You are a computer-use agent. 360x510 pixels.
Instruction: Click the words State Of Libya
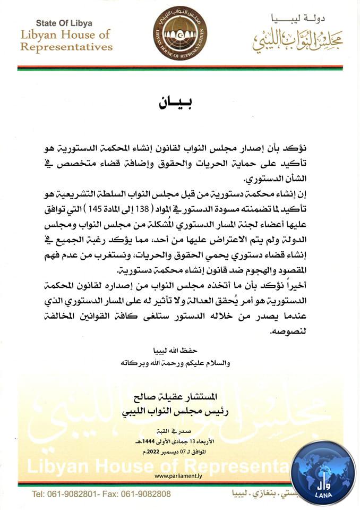[x=64, y=23]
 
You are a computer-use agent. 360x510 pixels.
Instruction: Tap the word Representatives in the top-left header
[x=66, y=47]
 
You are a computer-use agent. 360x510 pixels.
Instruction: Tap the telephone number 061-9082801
[x=72, y=494]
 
